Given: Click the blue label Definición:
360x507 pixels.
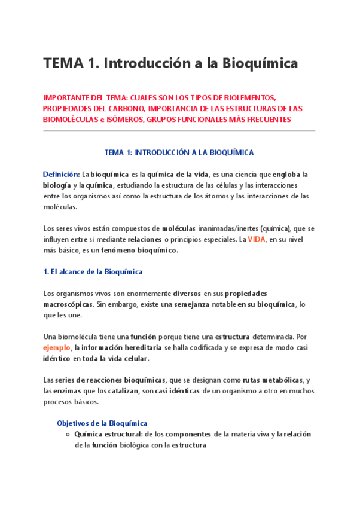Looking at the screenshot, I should coord(61,174).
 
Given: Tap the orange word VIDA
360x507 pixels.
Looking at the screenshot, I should coord(256,239).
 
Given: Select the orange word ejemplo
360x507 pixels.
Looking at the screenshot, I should coord(56,347).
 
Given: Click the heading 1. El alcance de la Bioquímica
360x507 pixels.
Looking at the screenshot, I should coord(93,271).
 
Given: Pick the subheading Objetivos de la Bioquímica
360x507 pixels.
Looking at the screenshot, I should coord(102,423).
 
